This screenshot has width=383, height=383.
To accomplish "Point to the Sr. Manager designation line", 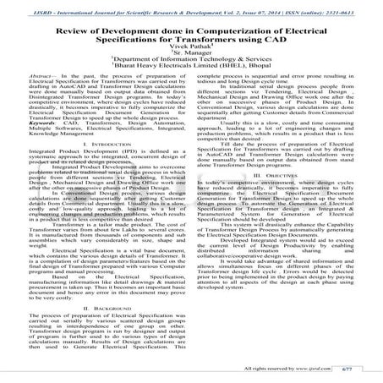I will tap(191, 58).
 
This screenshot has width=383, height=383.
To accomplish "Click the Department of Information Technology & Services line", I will tap(191, 68).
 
